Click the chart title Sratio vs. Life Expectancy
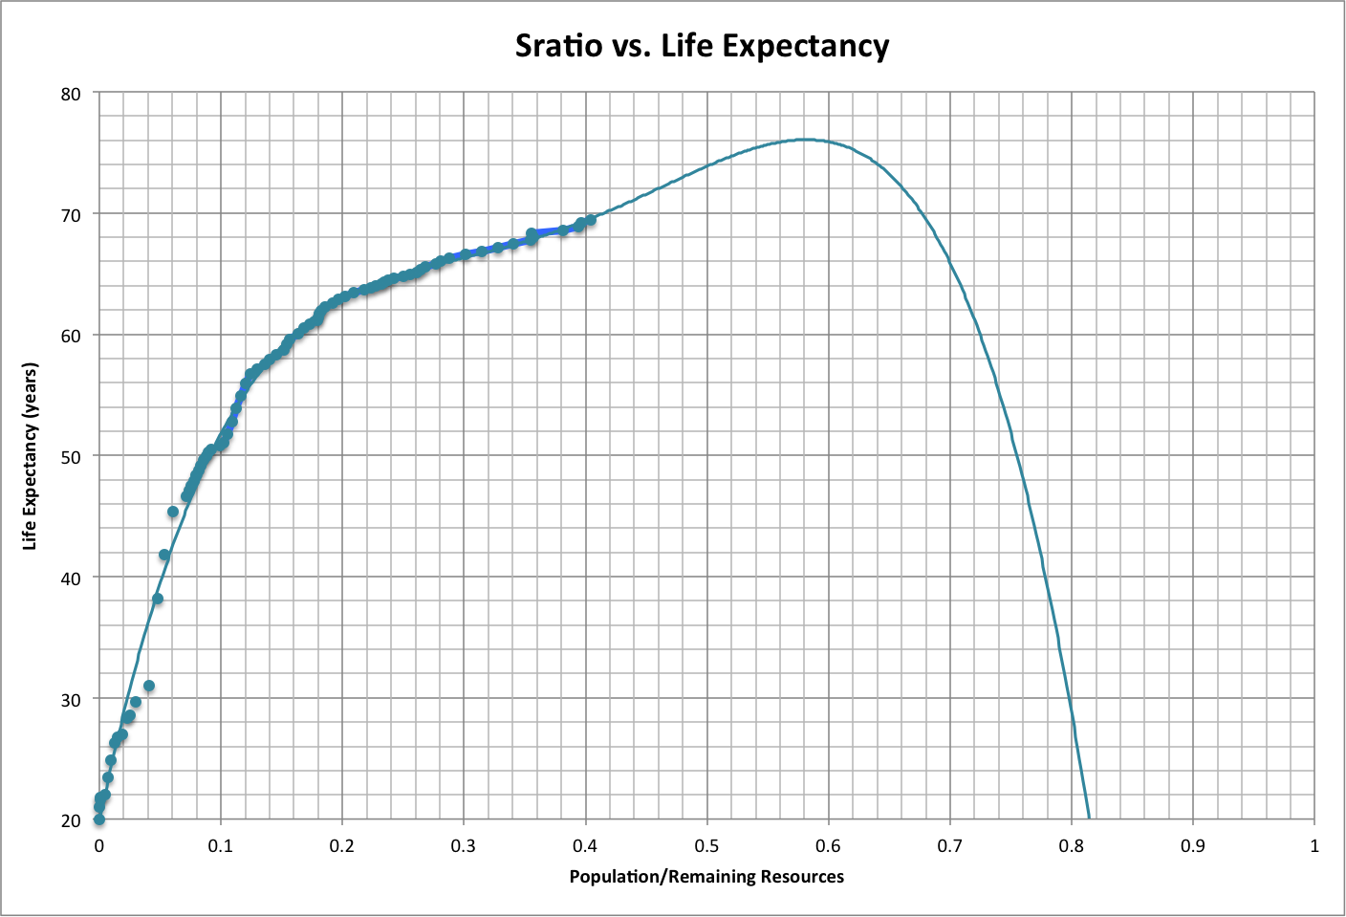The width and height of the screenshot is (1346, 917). coord(702,46)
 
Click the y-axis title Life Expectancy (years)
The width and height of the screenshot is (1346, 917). coord(31,456)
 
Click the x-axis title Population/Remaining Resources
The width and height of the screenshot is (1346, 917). coord(706,877)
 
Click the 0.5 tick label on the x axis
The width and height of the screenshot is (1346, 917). coord(706,846)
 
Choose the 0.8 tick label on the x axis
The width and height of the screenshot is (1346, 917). coord(1072,846)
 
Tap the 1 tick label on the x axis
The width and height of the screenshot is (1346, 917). coord(1314,846)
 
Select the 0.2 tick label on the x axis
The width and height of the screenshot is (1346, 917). coord(341,846)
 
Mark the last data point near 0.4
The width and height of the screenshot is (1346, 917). coord(590,220)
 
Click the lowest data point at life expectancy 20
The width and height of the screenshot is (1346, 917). coord(98,819)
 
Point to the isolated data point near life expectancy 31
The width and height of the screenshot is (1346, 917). coord(149,686)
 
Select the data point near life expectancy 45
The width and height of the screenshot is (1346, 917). coord(173,512)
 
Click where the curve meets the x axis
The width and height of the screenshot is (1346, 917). coord(1089,819)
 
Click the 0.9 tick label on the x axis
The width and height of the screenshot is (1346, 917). coord(1193,846)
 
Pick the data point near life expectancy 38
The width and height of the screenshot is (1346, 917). coord(158,600)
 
